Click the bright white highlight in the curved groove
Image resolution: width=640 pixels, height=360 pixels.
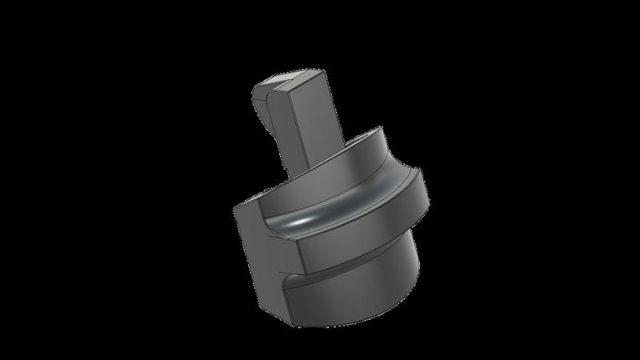308,218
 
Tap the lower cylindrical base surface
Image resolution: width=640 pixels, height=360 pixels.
360,296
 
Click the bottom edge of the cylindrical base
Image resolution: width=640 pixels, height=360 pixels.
352,322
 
